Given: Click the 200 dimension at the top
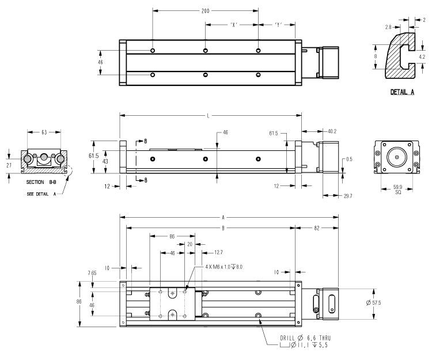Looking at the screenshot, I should pos(206,12).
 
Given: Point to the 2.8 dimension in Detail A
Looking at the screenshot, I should pos(389,26).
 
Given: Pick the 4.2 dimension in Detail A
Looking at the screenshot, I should pos(422,57).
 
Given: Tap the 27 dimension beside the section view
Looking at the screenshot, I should pos(9,165).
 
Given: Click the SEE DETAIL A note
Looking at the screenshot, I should pos(44,194).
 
